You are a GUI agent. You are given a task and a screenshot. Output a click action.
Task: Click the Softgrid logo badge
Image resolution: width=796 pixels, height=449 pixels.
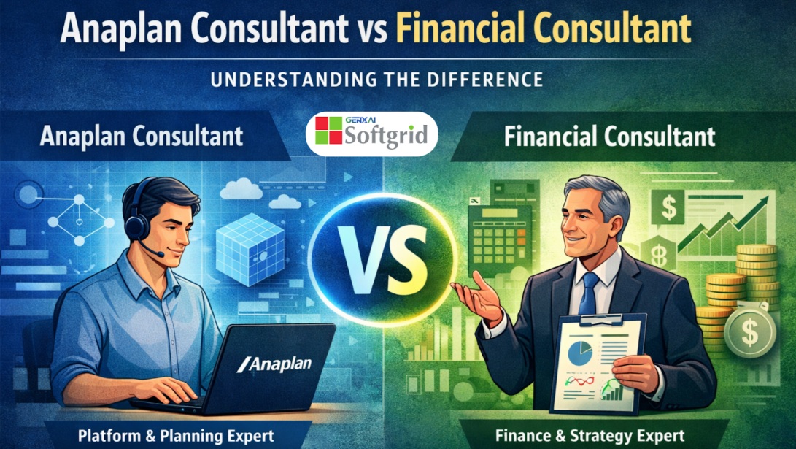tap(371, 134)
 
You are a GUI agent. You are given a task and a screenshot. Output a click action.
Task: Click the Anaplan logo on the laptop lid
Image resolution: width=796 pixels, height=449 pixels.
tap(274, 364)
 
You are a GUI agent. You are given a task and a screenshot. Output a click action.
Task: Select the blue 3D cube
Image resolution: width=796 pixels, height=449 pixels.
tap(250, 249)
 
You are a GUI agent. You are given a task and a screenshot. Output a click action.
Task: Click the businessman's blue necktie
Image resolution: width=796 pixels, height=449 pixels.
tap(588, 293)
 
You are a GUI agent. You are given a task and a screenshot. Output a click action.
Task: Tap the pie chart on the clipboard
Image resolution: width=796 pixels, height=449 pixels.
tap(580, 353)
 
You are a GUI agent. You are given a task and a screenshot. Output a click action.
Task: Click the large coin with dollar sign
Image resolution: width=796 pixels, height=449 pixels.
tap(750, 331)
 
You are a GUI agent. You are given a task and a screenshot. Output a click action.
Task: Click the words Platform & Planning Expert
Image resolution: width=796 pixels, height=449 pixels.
tap(176, 436)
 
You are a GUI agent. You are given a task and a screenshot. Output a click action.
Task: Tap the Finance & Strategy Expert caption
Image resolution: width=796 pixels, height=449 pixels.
tap(590, 436)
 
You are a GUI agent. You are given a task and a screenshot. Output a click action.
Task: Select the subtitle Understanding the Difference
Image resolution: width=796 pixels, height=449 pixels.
tap(376, 80)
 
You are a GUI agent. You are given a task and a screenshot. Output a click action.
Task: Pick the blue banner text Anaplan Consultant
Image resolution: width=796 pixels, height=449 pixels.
tap(141, 137)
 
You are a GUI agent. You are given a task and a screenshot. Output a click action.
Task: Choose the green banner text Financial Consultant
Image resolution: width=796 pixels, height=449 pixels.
tap(609, 137)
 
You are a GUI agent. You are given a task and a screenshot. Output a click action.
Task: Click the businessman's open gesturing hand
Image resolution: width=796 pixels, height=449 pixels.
tap(476, 298)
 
